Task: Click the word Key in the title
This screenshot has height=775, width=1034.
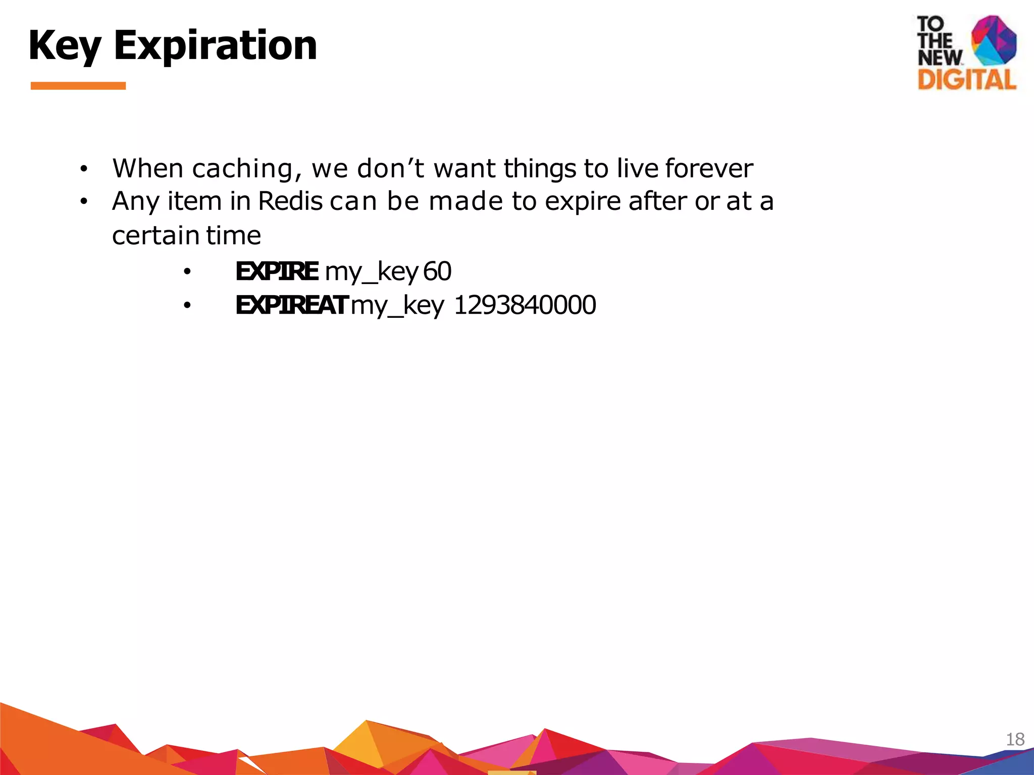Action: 65,45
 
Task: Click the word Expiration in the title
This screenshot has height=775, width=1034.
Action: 216,45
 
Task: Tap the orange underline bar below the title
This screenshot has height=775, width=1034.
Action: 78,86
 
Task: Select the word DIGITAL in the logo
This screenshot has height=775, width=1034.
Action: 966,80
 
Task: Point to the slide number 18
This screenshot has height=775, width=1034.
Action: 1015,740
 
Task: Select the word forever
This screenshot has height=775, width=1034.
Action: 709,169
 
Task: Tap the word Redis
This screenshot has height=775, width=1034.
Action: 290,201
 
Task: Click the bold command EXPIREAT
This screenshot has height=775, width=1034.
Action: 291,305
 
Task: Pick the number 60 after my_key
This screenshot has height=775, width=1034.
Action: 437,271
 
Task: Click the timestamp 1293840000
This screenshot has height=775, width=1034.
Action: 525,305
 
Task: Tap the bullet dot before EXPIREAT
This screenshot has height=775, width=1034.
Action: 187,306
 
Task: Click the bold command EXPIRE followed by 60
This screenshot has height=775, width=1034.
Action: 277,271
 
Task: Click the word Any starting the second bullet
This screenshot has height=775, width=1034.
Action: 135,201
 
